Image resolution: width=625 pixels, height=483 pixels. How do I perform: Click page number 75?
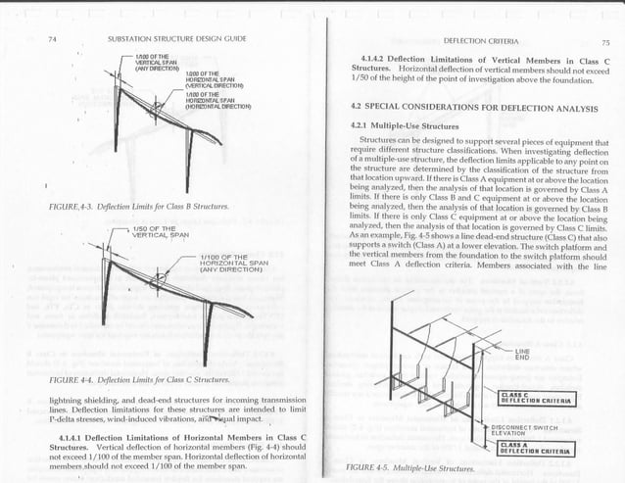coord(604,41)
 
